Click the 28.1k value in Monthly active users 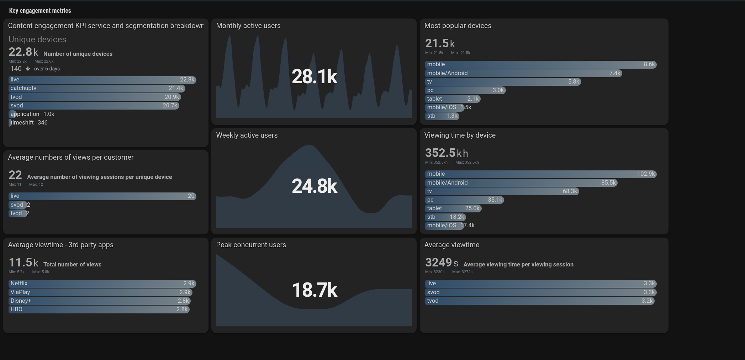314,77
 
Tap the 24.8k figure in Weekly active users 314,186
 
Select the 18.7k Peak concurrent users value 314,290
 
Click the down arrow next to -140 28,69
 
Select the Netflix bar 102,284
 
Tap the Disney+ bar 100,301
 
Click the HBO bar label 16,309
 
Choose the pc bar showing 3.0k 465,90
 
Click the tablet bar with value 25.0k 453,208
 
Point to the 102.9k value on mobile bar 646,174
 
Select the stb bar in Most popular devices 442,116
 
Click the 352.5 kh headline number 446,153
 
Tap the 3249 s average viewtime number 441,263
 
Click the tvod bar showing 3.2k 539,301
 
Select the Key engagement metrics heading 40,11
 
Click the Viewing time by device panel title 460,135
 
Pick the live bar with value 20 102,196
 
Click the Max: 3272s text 462,272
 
